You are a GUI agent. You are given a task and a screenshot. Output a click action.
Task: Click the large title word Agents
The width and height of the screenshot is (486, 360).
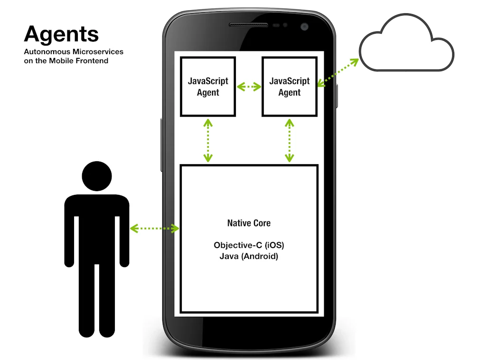tap(61, 34)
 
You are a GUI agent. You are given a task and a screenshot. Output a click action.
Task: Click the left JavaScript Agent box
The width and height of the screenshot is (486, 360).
tap(208, 86)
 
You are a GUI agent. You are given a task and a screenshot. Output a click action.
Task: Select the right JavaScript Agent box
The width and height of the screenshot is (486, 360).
tap(290, 86)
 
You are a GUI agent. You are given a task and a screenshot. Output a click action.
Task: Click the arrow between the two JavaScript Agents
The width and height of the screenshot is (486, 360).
tap(249, 86)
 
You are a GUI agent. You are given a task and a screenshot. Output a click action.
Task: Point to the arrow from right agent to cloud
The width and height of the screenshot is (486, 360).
tap(337, 73)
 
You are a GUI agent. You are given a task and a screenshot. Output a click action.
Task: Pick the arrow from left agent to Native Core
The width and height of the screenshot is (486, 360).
tap(208, 140)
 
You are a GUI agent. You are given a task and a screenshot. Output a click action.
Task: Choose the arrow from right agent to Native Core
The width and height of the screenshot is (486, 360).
tap(290, 140)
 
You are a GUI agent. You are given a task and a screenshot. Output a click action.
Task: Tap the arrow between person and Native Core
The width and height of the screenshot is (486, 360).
tap(155, 229)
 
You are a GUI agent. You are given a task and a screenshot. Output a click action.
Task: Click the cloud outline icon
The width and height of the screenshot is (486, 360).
tap(406, 45)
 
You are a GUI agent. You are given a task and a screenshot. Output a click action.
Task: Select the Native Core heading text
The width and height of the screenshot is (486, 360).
tap(249, 223)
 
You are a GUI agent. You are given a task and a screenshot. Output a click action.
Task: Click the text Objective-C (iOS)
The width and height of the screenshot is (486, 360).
tap(249, 245)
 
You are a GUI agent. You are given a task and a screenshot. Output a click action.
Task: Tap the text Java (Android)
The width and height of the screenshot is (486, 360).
tap(249, 256)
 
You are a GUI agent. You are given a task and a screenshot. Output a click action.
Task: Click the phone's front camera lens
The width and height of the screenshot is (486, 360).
tap(304, 27)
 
